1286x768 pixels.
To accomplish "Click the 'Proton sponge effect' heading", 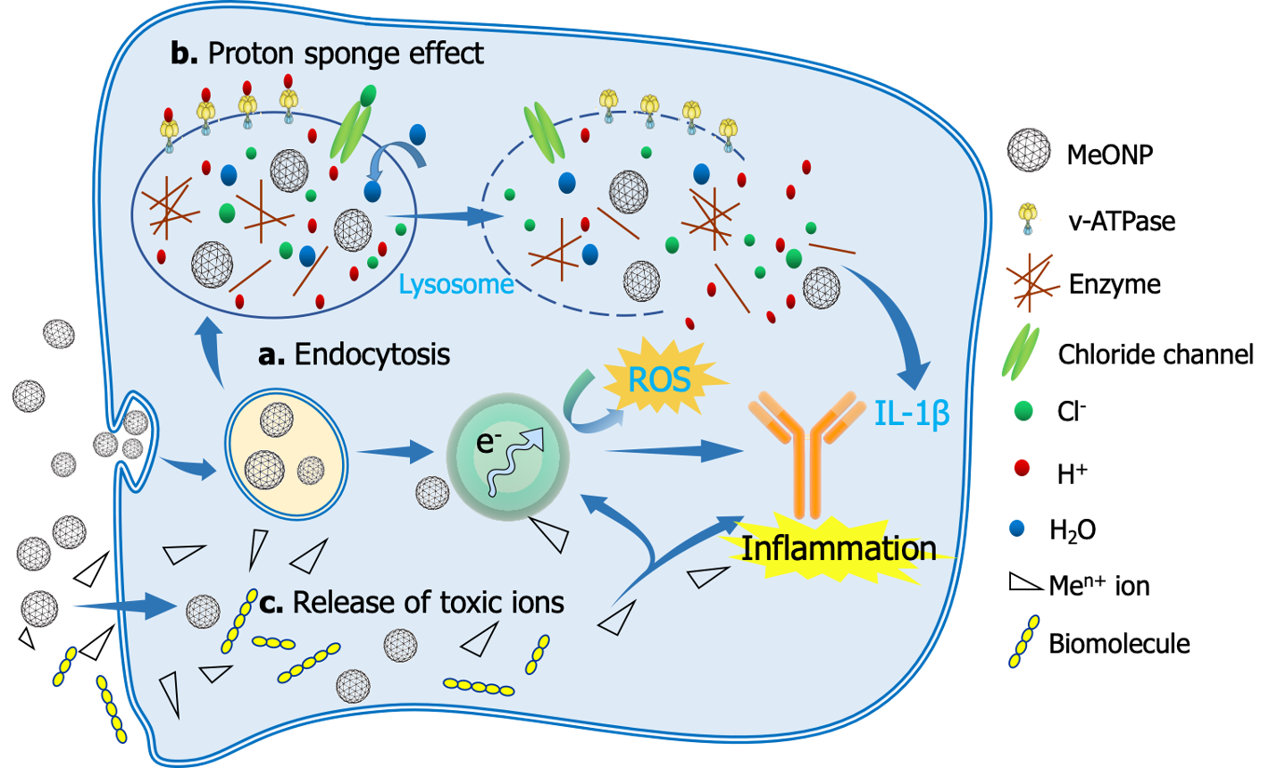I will tap(345, 54).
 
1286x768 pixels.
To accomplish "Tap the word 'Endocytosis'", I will tap(372, 355).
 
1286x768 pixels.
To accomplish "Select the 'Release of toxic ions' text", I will tap(428, 603).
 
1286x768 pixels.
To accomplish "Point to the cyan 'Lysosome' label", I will tap(455, 285).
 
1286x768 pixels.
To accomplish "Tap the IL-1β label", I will tap(911, 413).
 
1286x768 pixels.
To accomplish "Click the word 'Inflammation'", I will tap(839, 547).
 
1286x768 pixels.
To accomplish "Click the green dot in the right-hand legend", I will tap(1023, 411).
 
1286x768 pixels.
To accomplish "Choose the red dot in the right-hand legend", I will tap(1023, 467).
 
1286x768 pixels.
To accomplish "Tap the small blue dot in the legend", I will tap(1017, 528).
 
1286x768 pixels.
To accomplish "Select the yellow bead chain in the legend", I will tap(1023, 641).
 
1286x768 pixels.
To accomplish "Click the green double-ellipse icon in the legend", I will tap(1023, 350).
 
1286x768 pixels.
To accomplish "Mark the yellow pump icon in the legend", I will tap(1029, 216).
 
